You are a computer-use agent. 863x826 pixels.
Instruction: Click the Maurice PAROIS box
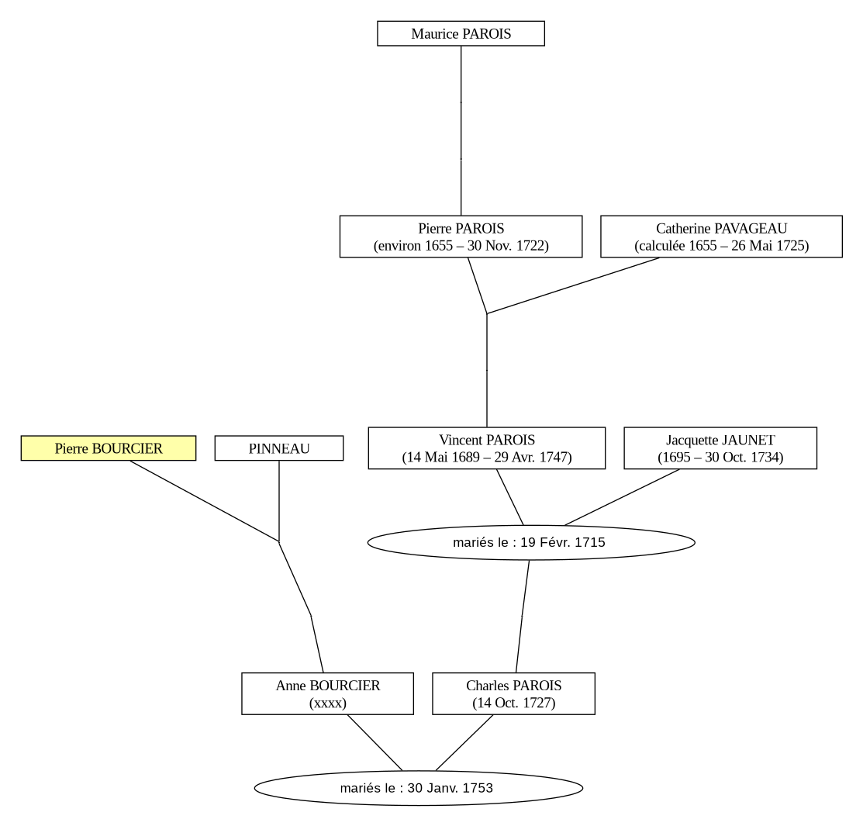coord(461,33)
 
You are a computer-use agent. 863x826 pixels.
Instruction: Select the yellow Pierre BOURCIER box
coord(109,448)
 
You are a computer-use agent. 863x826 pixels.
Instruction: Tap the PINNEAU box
coord(279,448)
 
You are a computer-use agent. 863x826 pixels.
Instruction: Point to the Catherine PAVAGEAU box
coord(722,237)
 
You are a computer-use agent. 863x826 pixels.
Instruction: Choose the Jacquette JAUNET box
coord(720,448)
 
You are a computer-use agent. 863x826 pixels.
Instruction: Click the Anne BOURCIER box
coord(327,694)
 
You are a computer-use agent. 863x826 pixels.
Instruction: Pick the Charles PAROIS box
coord(513,694)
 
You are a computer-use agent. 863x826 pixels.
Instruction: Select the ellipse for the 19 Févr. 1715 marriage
coord(531,542)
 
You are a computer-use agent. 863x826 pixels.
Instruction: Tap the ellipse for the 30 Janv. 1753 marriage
coord(418,788)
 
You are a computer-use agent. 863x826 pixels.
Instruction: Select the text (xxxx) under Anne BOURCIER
coord(327,703)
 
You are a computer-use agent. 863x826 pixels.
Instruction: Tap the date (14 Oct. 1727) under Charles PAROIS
coord(513,703)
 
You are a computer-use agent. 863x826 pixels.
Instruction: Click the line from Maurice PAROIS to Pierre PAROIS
coord(461,130)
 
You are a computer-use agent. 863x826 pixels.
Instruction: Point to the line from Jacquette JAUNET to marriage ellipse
coord(622,497)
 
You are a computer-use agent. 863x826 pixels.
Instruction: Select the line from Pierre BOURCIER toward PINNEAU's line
coord(204,501)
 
